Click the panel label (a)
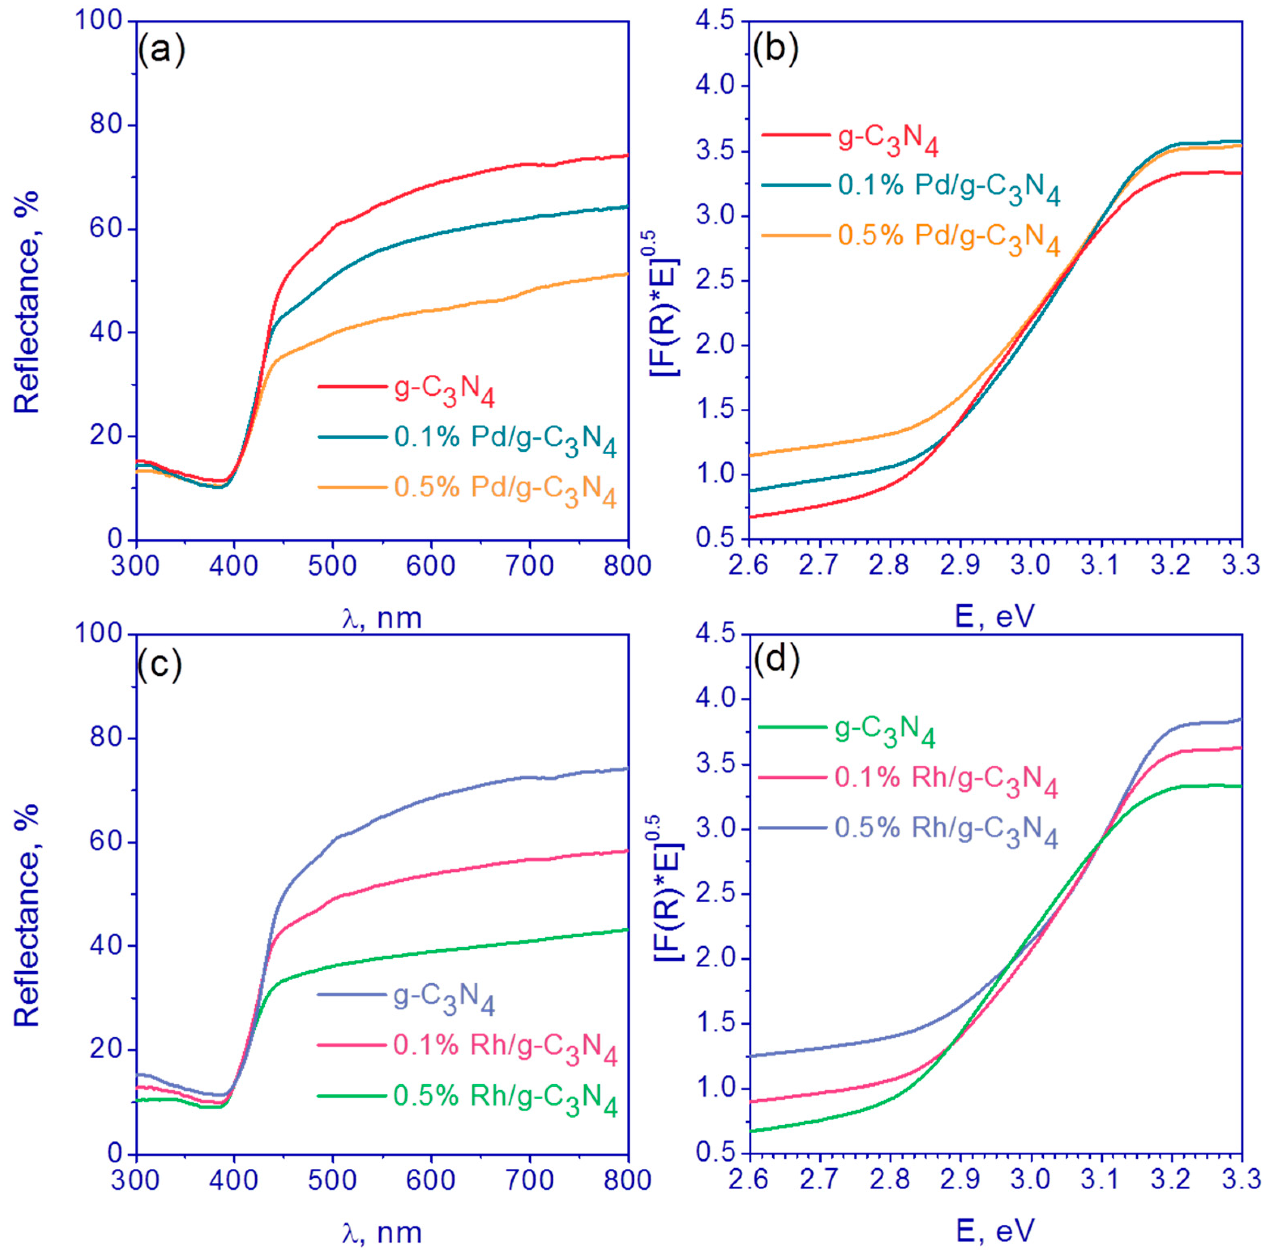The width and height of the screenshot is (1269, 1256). click(161, 51)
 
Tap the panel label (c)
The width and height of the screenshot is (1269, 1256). click(160, 665)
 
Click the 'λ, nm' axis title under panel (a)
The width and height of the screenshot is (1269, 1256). click(382, 618)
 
